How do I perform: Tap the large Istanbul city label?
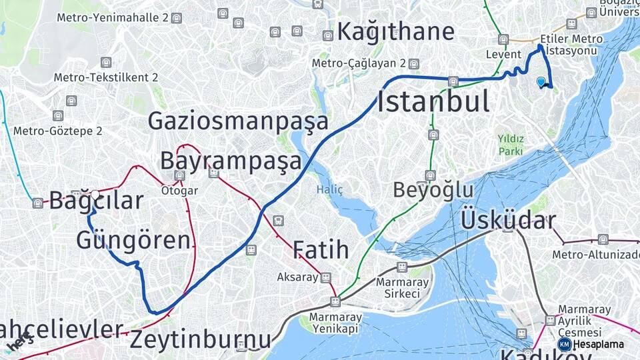pyautogui.click(x=433, y=102)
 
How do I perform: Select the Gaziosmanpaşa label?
pyautogui.click(x=238, y=121)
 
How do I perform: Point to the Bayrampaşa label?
pyautogui.click(x=231, y=161)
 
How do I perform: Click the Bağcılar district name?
pyautogui.click(x=96, y=200)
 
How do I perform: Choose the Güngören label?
pyautogui.click(x=133, y=239)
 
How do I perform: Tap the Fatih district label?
pyautogui.click(x=320, y=250)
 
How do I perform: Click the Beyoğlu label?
pyautogui.click(x=433, y=190)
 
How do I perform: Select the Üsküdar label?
pyautogui.click(x=508, y=219)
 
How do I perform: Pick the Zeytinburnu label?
pyautogui.click(x=200, y=339)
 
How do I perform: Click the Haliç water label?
pyautogui.click(x=329, y=190)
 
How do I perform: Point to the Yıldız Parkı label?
pyautogui.click(x=511, y=145)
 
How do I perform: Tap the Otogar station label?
pyautogui.click(x=179, y=191)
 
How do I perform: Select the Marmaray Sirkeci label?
pyautogui.click(x=398, y=287)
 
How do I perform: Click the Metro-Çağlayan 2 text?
pyautogui.click(x=359, y=63)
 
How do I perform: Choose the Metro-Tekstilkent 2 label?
pyautogui.click(x=106, y=77)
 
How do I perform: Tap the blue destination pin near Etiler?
pyautogui.click(x=541, y=82)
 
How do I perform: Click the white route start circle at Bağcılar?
pyautogui.click(x=95, y=195)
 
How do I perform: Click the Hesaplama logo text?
pyautogui.click(x=599, y=344)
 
